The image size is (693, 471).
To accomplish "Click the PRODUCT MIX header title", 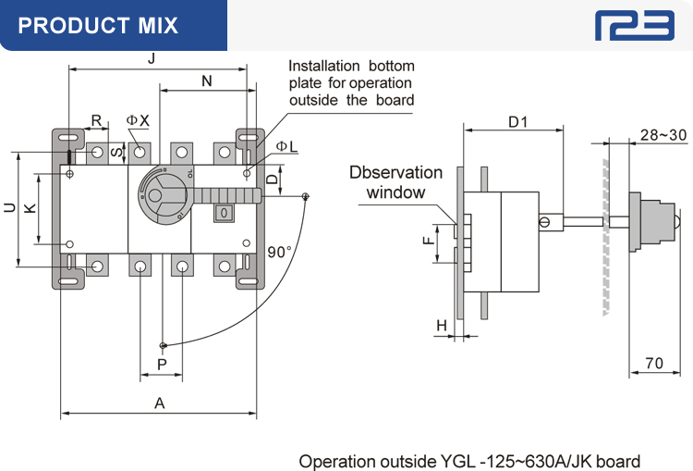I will click(98, 25).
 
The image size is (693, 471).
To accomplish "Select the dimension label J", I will click(151, 59).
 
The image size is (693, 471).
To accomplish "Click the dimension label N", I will click(206, 81).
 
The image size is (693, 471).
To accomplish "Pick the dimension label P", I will click(162, 366).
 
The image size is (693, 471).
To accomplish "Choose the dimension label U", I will click(9, 209).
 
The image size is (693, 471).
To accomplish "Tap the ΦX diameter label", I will click(138, 122).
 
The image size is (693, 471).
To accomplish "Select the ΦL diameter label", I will click(286, 147).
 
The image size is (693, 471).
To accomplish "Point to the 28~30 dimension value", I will click(663, 135).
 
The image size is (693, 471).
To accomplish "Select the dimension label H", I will click(442, 326).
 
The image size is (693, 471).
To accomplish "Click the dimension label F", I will click(428, 242).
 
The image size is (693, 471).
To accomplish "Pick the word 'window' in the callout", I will click(395, 192).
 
